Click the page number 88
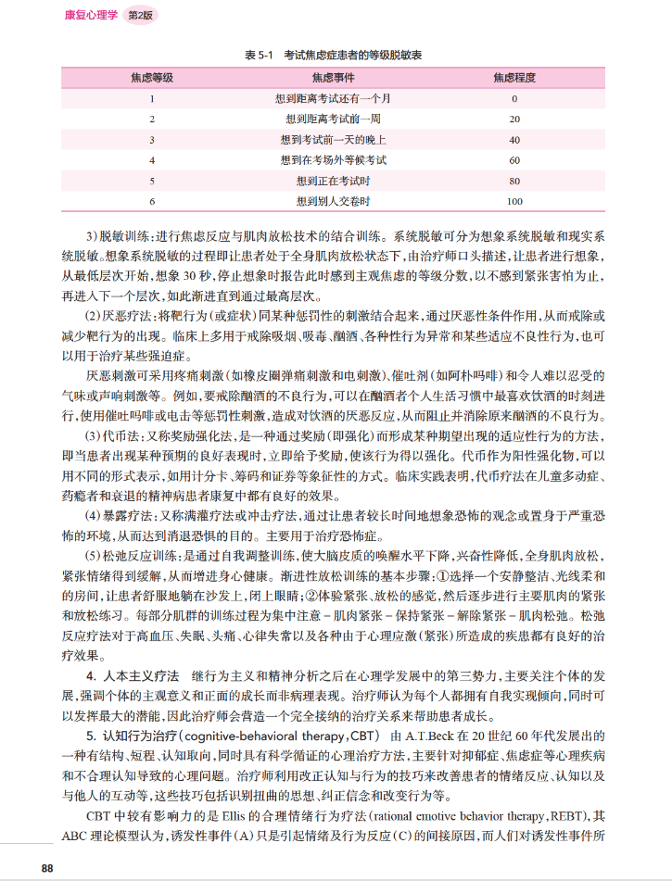tap(48, 867)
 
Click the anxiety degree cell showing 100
tap(514, 200)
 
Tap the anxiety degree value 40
tap(514, 139)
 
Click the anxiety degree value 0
tap(514, 98)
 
